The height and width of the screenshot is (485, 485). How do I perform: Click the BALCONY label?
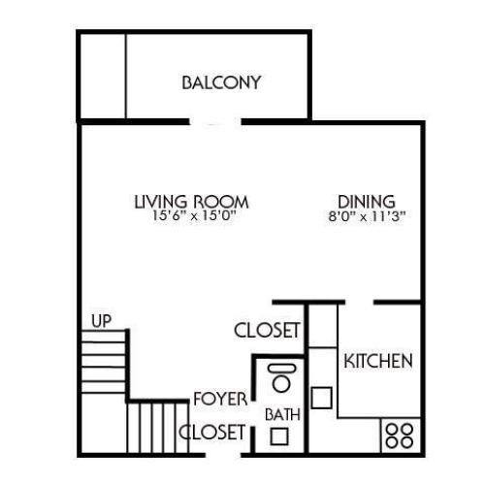point(221,82)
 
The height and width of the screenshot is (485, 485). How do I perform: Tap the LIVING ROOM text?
point(191,202)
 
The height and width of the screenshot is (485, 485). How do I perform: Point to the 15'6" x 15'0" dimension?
point(191,216)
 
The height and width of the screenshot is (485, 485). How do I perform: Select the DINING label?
point(365,202)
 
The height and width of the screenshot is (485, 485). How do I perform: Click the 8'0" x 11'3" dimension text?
point(365,216)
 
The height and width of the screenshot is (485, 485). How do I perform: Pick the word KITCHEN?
point(378,361)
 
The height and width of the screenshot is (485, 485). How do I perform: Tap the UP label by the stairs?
point(100,320)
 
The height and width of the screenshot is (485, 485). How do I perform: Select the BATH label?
point(282,414)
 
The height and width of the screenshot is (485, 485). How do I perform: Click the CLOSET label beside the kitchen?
point(268,331)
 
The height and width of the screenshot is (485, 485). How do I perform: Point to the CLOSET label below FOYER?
point(213,433)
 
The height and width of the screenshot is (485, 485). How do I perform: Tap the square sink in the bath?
point(279,436)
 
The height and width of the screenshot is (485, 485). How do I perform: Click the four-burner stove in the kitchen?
point(399,433)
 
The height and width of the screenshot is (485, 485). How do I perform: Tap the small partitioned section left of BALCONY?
point(103,76)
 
